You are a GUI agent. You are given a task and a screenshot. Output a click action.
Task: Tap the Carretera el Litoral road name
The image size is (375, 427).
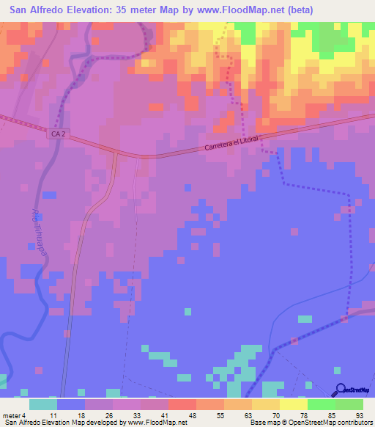(x=234, y=141)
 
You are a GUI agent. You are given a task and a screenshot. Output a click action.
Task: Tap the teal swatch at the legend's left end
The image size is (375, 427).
(x=42, y=404)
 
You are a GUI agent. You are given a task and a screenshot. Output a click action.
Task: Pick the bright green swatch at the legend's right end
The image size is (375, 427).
(x=349, y=404)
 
